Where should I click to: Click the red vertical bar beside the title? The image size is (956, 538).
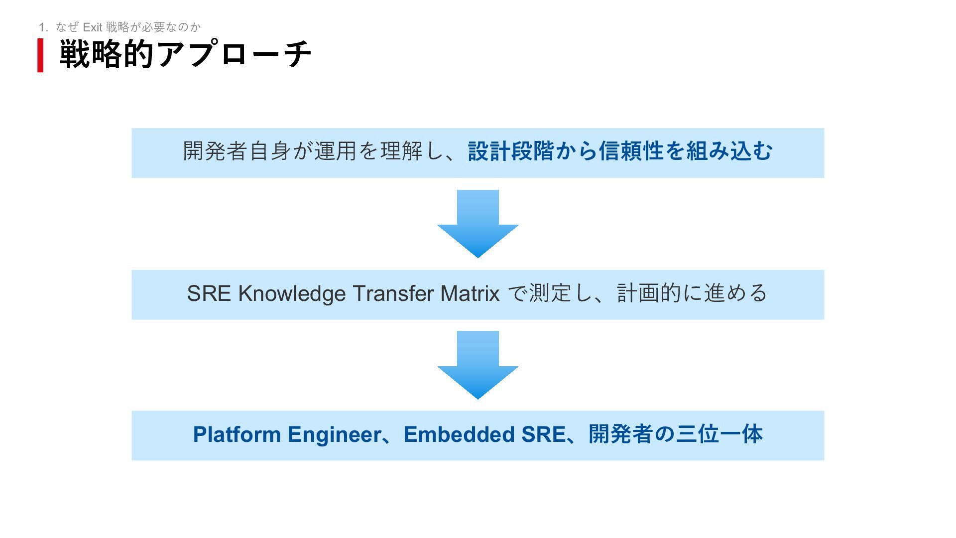tap(40, 55)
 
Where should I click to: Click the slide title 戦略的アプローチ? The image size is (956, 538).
tap(185, 54)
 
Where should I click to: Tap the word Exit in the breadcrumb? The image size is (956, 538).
tap(92, 27)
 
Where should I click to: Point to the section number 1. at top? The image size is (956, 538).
tap(43, 27)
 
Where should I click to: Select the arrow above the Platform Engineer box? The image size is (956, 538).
tap(478, 365)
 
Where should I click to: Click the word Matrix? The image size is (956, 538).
tap(470, 293)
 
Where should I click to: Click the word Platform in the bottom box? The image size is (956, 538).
tap(237, 434)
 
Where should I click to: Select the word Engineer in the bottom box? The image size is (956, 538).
tap(334, 434)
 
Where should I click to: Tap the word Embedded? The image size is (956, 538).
tap(459, 434)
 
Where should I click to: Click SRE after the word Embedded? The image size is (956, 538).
tap(543, 434)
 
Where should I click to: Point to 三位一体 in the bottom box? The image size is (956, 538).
tap(719, 434)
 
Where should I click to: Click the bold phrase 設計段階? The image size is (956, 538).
tap(511, 151)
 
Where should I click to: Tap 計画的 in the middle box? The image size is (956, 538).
tap(649, 293)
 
